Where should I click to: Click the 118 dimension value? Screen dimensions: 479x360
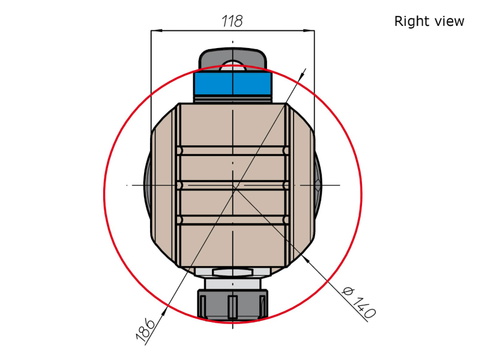(x=232, y=21)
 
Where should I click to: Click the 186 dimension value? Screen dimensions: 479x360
(x=146, y=329)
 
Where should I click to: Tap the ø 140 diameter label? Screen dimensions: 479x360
(x=358, y=302)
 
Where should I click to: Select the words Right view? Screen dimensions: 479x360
(x=429, y=22)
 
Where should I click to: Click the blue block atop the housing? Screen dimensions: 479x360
(x=232, y=83)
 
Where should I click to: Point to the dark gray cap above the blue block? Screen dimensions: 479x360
(x=232, y=57)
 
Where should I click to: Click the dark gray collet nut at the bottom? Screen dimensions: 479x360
(x=232, y=304)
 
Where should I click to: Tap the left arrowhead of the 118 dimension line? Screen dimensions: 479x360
(x=156, y=30)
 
